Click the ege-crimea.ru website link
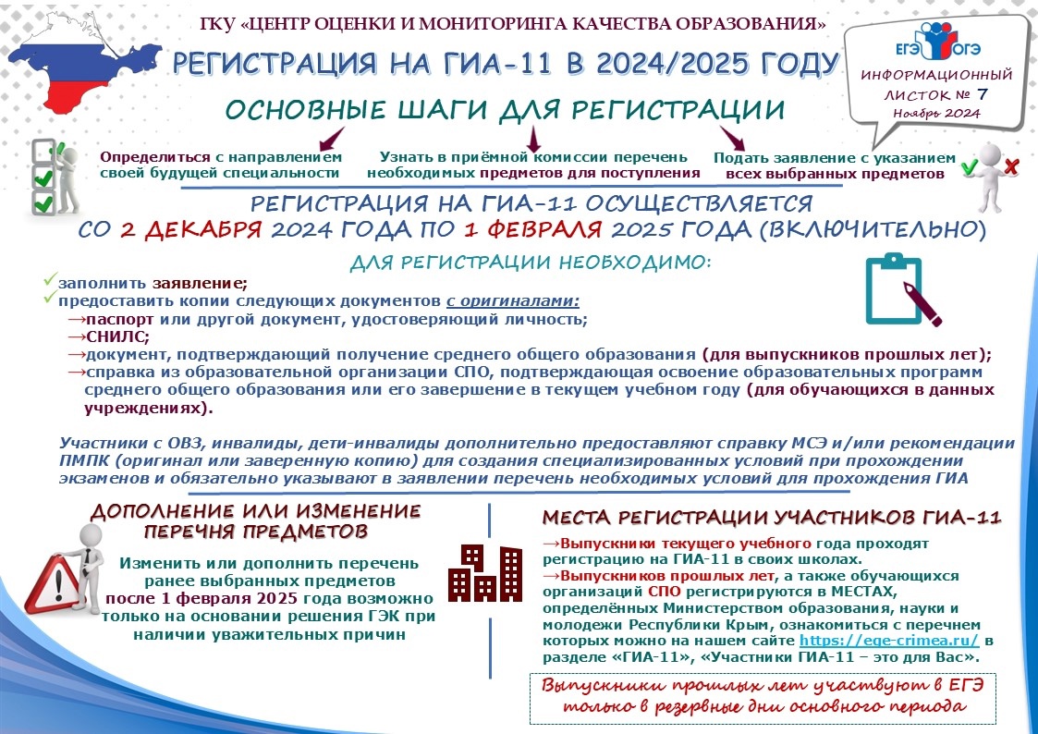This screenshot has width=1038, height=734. (x=863, y=640)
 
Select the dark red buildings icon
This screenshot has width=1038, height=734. (x=483, y=572)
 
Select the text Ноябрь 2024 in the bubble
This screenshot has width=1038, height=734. (x=935, y=113)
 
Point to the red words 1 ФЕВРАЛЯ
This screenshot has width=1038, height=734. (x=532, y=228)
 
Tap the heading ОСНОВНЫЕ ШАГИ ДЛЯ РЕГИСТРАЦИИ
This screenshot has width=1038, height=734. (x=505, y=110)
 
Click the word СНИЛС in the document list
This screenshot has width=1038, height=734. (x=107, y=337)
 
